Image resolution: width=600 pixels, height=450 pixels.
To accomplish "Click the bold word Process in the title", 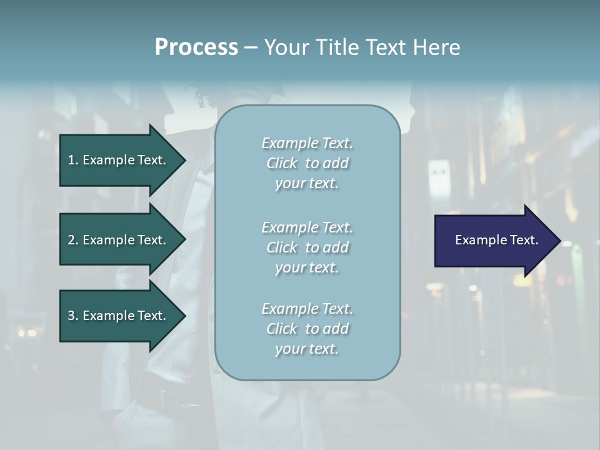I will click(x=196, y=47).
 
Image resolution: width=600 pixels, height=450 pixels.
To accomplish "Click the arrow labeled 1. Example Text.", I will click(x=117, y=160).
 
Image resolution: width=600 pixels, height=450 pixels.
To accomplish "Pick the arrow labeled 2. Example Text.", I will click(x=117, y=240).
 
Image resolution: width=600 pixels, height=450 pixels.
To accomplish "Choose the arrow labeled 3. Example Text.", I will click(x=117, y=316).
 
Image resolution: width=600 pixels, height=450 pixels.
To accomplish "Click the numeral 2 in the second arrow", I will click(x=71, y=240).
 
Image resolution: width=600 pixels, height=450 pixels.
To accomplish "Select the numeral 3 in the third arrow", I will click(x=71, y=316).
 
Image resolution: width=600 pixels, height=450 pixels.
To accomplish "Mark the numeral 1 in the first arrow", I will click(x=71, y=160).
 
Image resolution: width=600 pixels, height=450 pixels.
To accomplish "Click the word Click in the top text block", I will click(x=282, y=164).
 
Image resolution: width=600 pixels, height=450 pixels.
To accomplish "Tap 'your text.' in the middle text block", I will click(x=307, y=267).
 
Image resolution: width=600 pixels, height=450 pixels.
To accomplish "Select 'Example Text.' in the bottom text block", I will click(x=307, y=309).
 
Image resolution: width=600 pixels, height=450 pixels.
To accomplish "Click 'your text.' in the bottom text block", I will click(x=307, y=349).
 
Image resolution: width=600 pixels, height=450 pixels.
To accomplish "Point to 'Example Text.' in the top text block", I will click(x=307, y=144).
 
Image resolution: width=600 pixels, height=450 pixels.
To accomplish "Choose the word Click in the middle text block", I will click(x=282, y=247).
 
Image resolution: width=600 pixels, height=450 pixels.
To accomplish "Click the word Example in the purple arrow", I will click(x=477, y=240).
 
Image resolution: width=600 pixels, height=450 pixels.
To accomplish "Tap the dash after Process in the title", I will click(x=251, y=47).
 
